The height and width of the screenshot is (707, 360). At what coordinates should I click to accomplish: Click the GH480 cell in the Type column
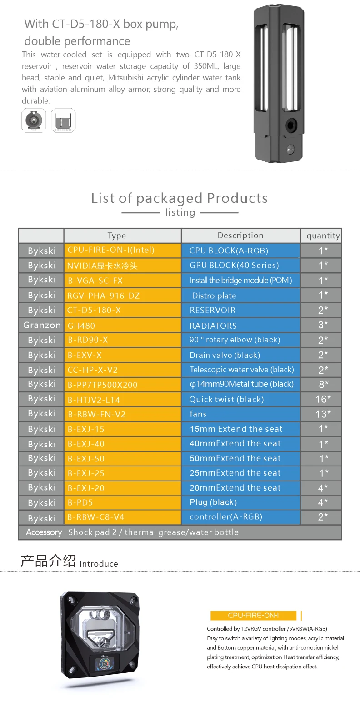122,326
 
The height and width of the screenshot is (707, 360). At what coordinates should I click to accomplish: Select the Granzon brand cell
41,325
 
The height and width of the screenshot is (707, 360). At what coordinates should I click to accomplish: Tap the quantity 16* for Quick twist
323,399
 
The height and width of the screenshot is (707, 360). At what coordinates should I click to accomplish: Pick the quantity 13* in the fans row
323,414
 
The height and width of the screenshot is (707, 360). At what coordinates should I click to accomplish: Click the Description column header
240,236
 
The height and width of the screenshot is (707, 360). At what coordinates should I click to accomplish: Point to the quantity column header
323,236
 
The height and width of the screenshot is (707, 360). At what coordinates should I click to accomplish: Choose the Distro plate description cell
240,296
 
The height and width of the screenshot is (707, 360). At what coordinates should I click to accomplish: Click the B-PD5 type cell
122,503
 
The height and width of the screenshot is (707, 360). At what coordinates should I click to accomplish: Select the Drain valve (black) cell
240,355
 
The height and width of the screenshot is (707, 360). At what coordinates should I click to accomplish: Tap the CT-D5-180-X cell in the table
122,310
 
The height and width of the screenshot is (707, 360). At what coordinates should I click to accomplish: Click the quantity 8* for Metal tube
323,385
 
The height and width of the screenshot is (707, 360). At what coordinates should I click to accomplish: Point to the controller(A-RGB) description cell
240,517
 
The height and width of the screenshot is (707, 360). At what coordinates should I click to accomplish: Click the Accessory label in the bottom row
44,532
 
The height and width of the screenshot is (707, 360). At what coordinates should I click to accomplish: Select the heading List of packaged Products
180,198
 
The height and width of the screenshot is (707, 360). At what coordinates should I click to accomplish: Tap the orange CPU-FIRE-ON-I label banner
253,616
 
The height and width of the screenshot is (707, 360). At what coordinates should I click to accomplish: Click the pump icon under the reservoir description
34,120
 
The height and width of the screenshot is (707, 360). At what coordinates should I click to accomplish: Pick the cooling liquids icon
63,120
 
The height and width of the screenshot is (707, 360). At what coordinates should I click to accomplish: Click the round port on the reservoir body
290,125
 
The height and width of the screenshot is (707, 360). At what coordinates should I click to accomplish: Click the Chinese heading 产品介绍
48,561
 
